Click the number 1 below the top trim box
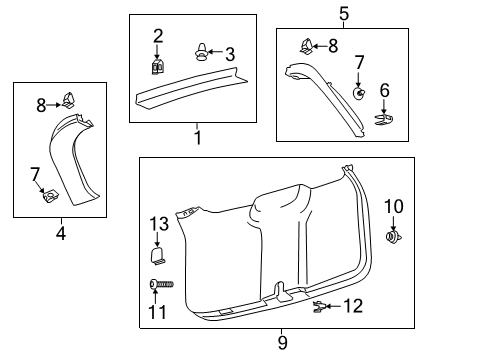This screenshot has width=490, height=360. pos(197,137)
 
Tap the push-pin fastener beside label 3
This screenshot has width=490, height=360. pos(203,52)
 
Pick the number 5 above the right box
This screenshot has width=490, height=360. pos(344,14)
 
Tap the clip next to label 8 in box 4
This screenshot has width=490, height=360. pos(70,100)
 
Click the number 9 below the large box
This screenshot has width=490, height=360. pos(282,343)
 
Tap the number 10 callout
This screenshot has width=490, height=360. pos(393,206)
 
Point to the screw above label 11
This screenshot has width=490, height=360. pos(160,285)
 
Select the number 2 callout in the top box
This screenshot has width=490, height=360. pos(158,36)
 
